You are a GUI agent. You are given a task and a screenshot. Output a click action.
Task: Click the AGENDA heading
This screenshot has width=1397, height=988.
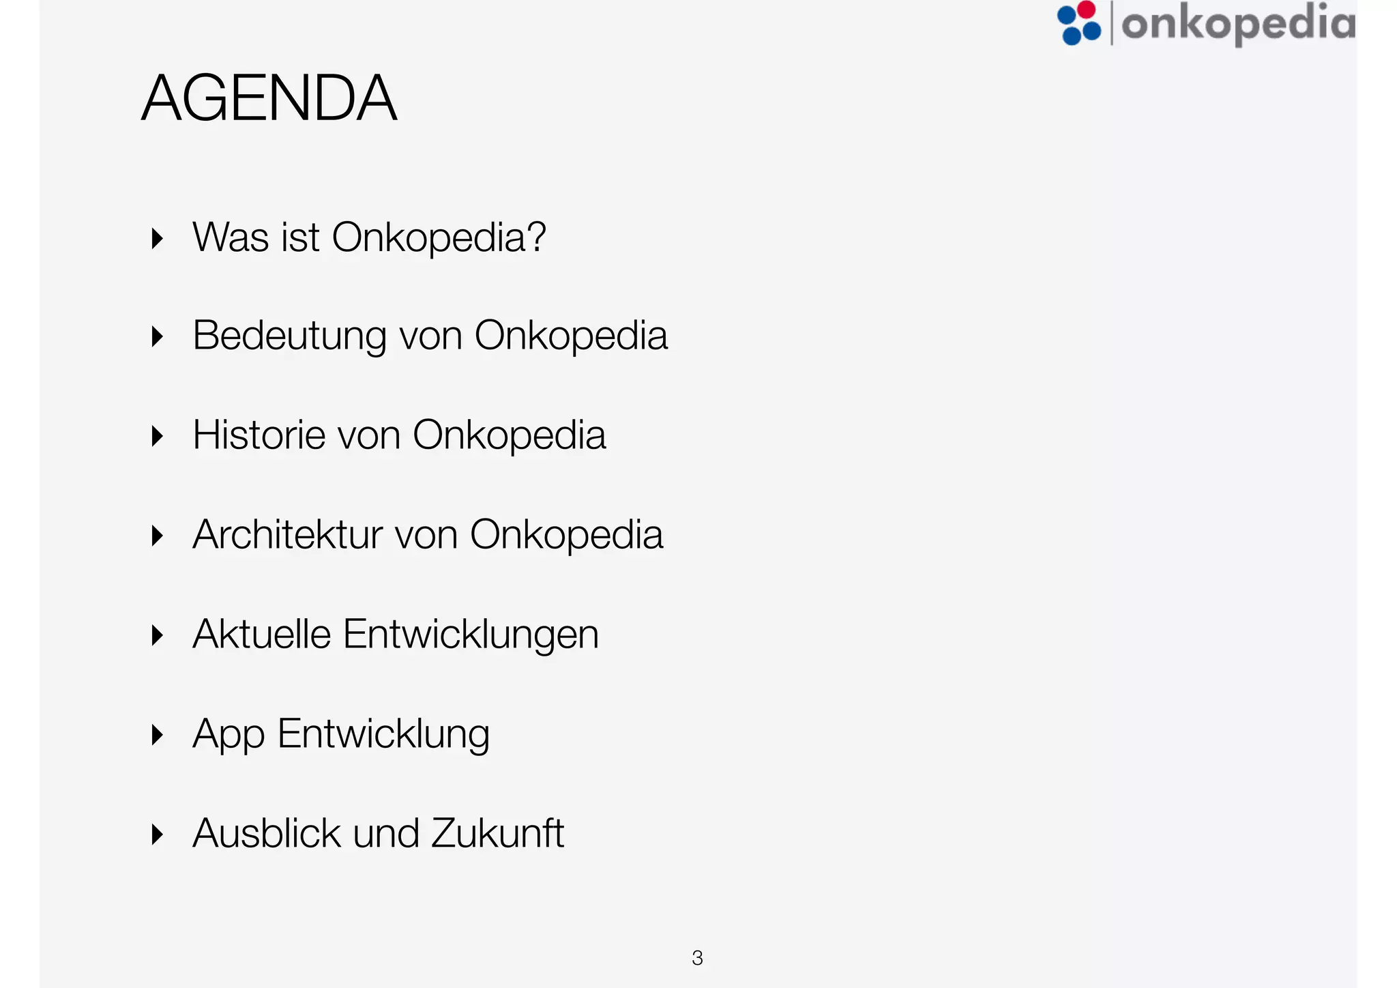[x=269, y=98]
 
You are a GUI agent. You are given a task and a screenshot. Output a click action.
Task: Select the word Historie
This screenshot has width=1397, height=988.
[x=259, y=435]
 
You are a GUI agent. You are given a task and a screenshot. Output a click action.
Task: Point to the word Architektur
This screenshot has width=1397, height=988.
[x=287, y=534]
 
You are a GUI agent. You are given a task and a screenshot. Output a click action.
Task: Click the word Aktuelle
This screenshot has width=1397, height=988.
[x=262, y=634]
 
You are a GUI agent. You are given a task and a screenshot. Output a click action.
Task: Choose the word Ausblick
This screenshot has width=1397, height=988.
[x=267, y=833]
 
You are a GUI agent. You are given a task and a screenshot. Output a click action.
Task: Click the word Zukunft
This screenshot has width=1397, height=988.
[x=497, y=833]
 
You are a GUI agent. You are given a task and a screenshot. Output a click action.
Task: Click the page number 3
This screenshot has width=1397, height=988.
[x=697, y=958]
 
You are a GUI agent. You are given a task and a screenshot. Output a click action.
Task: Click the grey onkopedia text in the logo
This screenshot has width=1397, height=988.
[x=1238, y=24]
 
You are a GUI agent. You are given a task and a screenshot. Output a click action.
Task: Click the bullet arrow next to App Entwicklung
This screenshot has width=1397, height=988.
[x=158, y=735]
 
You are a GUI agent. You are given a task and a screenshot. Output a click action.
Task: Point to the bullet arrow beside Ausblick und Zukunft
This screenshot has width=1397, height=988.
[x=158, y=834]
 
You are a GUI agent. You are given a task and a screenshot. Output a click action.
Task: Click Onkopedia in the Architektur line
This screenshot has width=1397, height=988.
[x=566, y=535]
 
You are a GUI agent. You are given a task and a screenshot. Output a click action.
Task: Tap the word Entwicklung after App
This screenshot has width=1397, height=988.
[x=383, y=735]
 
